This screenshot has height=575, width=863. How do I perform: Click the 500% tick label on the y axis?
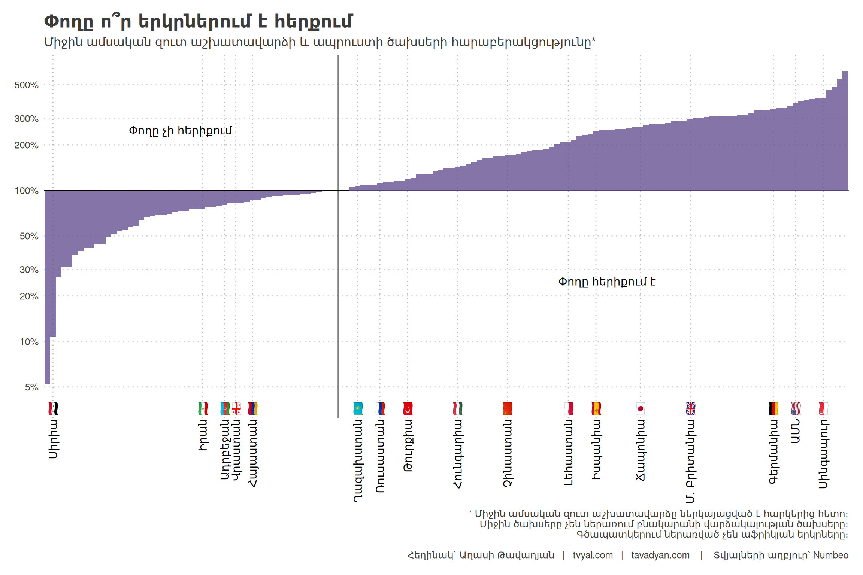(26, 85)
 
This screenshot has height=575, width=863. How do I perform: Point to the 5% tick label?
(31, 387)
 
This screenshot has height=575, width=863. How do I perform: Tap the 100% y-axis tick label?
(26, 191)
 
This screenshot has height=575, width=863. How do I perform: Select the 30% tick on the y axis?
(29, 270)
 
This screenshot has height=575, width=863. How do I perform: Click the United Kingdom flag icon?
(690, 408)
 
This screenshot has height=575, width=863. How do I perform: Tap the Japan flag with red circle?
(640, 408)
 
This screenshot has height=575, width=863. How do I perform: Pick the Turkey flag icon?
(408, 408)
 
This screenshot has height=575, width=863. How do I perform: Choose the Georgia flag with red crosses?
(236, 408)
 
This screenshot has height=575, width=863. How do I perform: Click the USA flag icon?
(796, 408)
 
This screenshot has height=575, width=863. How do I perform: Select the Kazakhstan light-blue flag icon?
(358, 408)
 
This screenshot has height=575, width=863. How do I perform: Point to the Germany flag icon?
(773, 408)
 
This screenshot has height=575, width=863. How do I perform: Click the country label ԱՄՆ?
(796, 431)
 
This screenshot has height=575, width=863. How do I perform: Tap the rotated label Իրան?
(203, 435)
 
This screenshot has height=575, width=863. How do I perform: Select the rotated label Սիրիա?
(53, 439)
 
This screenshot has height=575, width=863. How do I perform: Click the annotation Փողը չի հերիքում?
(180, 131)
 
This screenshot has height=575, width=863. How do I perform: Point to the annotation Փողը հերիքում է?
(607, 282)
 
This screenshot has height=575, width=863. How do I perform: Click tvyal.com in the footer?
(593, 555)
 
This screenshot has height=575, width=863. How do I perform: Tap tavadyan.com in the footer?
(660, 555)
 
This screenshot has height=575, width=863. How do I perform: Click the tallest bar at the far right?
(845, 131)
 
